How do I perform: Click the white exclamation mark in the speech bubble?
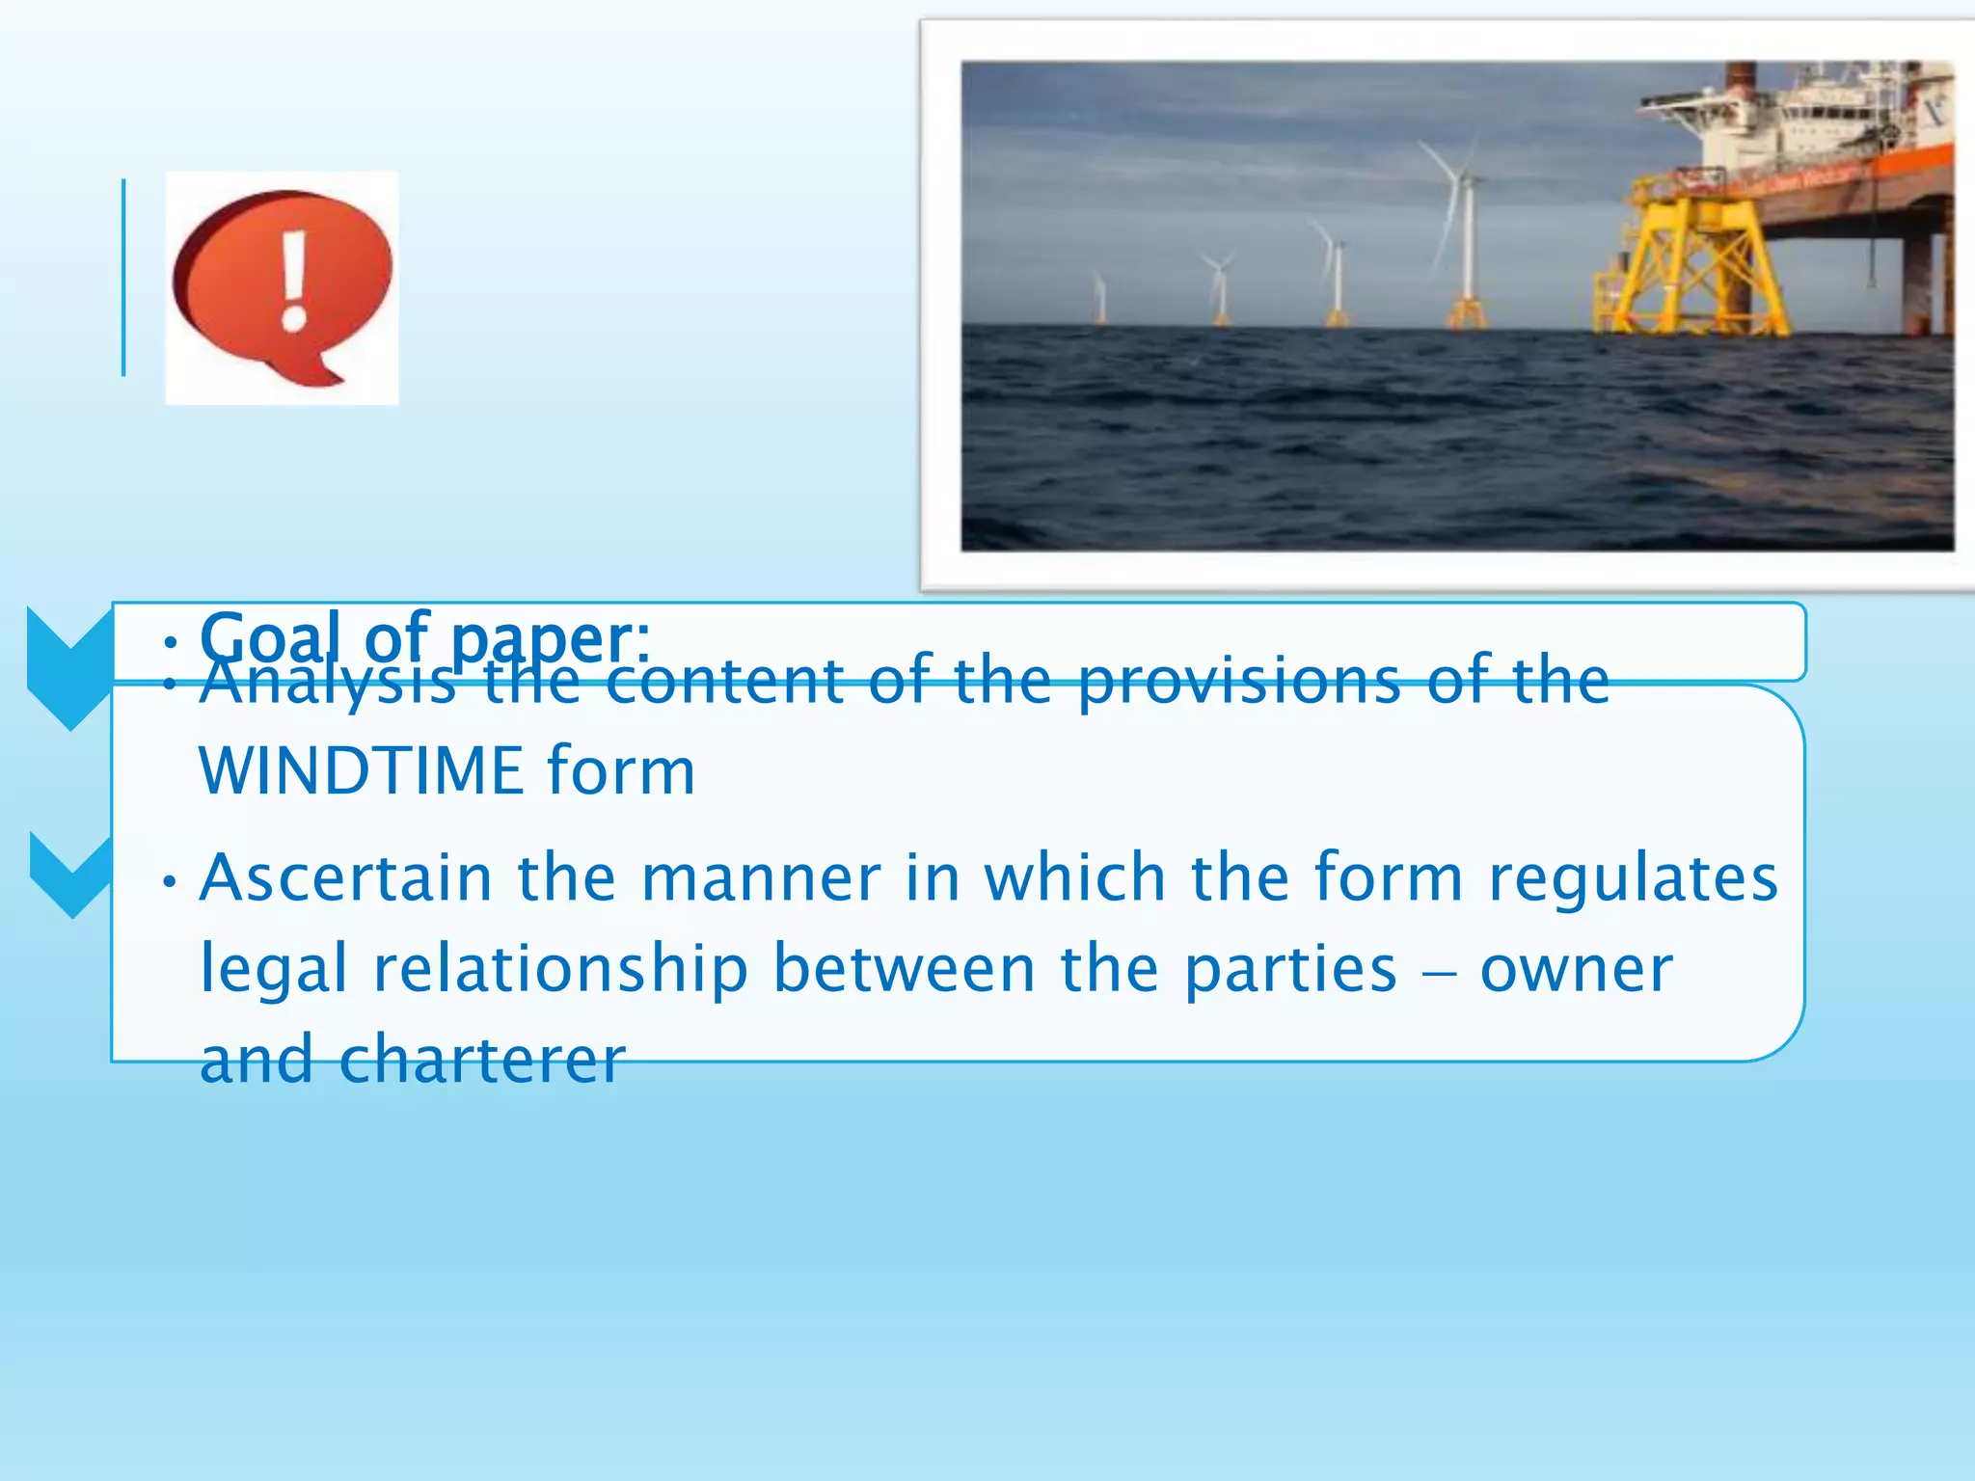click(294, 280)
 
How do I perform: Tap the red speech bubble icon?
click(282, 284)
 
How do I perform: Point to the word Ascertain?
click(346, 878)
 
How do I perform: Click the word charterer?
click(482, 1060)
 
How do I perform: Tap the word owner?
click(1576, 969)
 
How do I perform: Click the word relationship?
click(560, 969)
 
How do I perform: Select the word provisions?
click(1238, 681)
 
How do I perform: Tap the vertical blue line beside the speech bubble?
click(123, 278)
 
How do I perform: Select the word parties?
click(1289, 969)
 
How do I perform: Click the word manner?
click(760, 878)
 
